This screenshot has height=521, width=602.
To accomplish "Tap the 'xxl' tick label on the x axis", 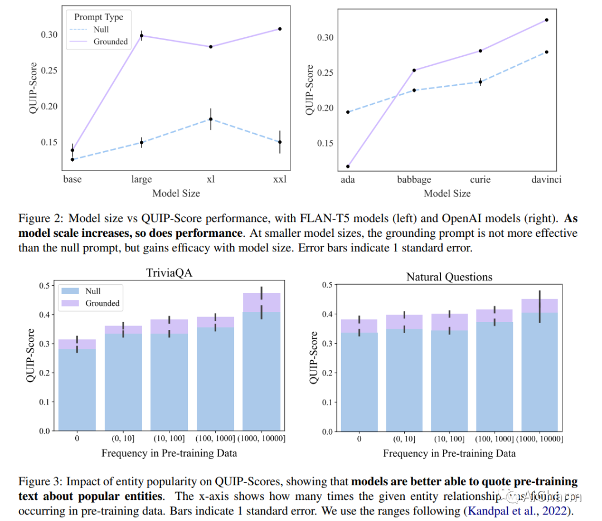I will (x=279, y=179).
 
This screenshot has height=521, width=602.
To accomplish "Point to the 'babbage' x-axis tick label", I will (x=414, y=180).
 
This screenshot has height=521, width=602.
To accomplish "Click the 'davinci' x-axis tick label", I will (x=546, y=180).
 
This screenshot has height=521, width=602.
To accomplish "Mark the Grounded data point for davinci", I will (x=546, y=20).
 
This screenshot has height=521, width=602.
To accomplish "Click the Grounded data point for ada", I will (x=348, y=166).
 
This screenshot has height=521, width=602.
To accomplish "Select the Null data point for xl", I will (x=211, y=119).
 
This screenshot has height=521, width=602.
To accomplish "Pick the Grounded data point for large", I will (x=142, y=36).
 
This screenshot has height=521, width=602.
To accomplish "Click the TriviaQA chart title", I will (x=169, y=274).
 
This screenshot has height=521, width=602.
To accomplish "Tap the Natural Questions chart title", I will (x=449, y=276).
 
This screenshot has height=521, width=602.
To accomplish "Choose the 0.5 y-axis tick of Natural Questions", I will (x=328, y=285).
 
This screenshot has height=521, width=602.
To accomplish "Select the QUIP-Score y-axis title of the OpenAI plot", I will (x=310, y=90).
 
